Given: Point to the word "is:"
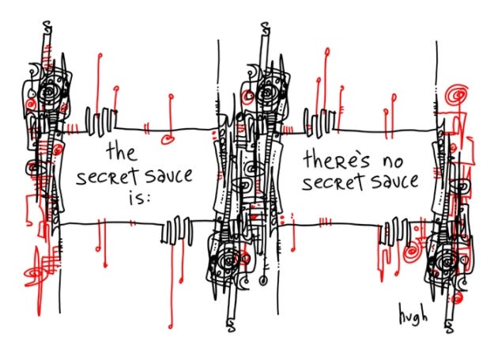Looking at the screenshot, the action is tap(135, 197).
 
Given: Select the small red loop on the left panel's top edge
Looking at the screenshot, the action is tap(167, 140).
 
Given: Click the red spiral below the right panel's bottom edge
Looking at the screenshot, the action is tap(412, 255).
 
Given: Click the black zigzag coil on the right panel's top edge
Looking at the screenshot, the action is tap(320, 123).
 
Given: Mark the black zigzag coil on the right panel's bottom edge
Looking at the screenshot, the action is tap(390, 234).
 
